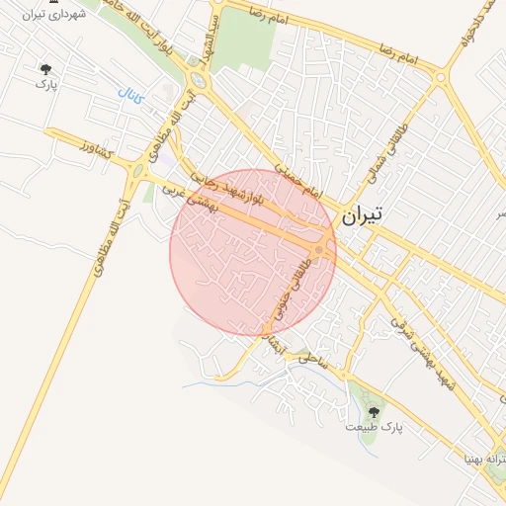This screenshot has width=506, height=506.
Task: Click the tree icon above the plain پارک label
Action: coord(45,68)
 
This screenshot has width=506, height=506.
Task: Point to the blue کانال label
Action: coord(130,99)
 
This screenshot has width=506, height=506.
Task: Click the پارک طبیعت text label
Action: coord(375,427)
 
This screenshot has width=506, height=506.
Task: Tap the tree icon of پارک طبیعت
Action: coord(375,409)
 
